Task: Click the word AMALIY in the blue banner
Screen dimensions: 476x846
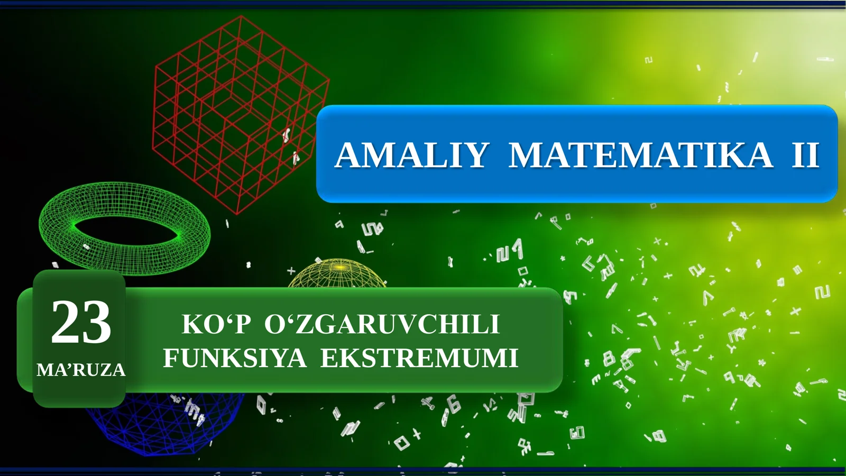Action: [411, 155]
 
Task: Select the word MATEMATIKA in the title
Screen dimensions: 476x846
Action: [640, 155]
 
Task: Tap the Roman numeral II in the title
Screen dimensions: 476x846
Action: [805, 155]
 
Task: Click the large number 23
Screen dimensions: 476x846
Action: [81, 322]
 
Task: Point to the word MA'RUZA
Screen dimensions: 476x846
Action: [81, 370]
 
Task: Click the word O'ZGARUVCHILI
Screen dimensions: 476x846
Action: [382, 325]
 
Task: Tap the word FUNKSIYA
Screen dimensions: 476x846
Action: [234, 358]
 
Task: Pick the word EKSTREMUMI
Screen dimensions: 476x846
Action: [419, 358]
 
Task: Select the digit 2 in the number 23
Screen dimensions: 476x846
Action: [66, 322]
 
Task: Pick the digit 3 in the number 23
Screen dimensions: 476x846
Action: [97, 322]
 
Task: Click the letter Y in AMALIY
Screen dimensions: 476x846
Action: [474, 155]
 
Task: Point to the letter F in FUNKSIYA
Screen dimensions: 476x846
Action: [171, 358]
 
